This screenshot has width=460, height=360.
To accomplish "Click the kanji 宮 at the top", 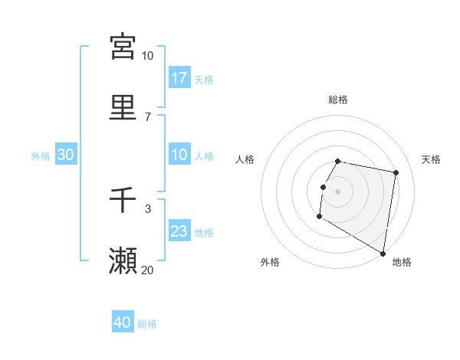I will pyautogui.click(x=123, y=47).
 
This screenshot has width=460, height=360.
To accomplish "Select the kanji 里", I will pyautogui.click(x=123, y=108).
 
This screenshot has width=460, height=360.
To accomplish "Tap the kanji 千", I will pyautogui.click(x=123, y=200).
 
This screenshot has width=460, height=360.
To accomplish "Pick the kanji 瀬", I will pyautogui.click(x=123, y=261).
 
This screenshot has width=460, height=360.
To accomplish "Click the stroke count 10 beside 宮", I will pyautogui.click(x=148, y=56).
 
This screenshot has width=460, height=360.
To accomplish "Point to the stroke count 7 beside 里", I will pyautogui.click(x=148, y=116).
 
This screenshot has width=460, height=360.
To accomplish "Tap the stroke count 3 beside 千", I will pyautogui.click(x=148, y=208).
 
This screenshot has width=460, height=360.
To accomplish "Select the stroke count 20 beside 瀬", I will pyautogui.click(x=147, y=270).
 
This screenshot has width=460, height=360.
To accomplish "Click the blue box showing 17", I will pyautogui.click(x=179, y=78).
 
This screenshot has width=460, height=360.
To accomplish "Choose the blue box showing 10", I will pyautogui.click(x=179, y=155).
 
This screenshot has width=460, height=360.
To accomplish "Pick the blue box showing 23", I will pyautogui.click(x=179, y=231).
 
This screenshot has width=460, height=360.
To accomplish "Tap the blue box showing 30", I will pyautogui.click(x=66, y=155).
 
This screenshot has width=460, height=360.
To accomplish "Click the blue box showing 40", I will pyautogui.click(x=123, y=322).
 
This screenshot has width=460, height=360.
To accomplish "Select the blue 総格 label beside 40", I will pyautogui.click(x=147, y=324).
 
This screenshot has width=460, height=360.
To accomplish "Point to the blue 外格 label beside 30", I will pyautogui.click(x=41, y=156).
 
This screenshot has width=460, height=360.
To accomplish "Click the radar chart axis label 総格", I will pyautogui.click(x=338, y=100).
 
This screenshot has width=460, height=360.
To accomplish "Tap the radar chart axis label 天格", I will pyautogui.click(x=431, y=159).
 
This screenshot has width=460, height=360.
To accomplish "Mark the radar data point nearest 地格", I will pyautogui.click(x=383, y=254).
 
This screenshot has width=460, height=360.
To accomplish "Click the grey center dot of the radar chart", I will pyautogui.click(x=338, y=191).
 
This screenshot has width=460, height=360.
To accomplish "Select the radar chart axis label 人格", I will pyautogui.click(x=245, y=159).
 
